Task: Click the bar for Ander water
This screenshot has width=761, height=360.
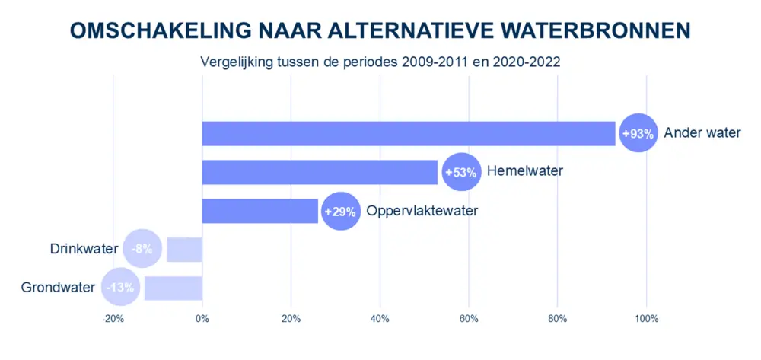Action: (x=409, y=133)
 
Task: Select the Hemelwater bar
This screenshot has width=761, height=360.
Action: (x=320, y=172)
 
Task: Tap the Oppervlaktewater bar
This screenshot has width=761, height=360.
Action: (x=260, y=211)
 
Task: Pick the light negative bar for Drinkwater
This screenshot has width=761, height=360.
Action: (x=184, y=250)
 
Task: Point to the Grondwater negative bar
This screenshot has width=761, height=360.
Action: (x=173, y=288)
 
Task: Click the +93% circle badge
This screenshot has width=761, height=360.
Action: (x=638, y=133)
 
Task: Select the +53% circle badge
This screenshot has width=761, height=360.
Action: (x=460, y=172)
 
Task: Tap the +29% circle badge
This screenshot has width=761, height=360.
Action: (x=340, y=211)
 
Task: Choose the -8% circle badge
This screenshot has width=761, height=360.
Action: (x=142, y=249)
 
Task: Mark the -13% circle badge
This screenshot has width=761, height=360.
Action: (x=120, y=288)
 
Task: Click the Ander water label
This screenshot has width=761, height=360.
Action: (x=702, y=133)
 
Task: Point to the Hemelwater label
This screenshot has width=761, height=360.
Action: (x=524, y=171)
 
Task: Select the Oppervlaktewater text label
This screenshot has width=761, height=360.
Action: (x=422, y=211)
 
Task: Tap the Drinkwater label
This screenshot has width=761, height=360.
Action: (x=84, y=249)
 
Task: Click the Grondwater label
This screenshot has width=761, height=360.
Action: (x=59, y=288)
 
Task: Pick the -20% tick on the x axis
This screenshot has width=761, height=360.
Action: (x=113, y=318)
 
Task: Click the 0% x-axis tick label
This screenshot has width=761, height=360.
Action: (x=202, y=318)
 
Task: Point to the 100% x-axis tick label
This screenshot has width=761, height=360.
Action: (x=646, y=318)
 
